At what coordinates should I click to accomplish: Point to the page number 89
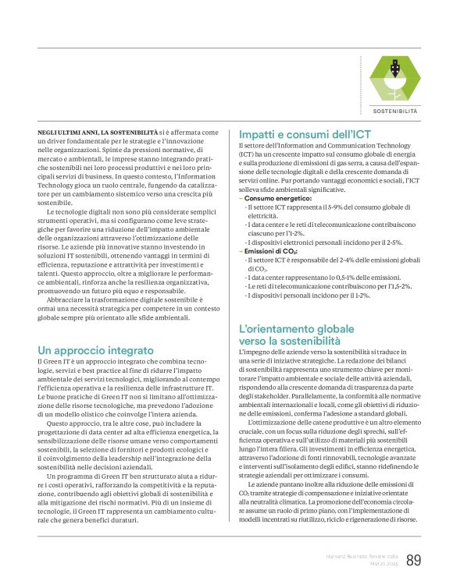coord(414,560)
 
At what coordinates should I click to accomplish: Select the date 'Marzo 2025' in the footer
coord(383,565)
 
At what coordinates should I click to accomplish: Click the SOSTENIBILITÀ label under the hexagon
coord(395,112)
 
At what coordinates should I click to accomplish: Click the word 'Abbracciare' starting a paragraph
coord(66,299)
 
